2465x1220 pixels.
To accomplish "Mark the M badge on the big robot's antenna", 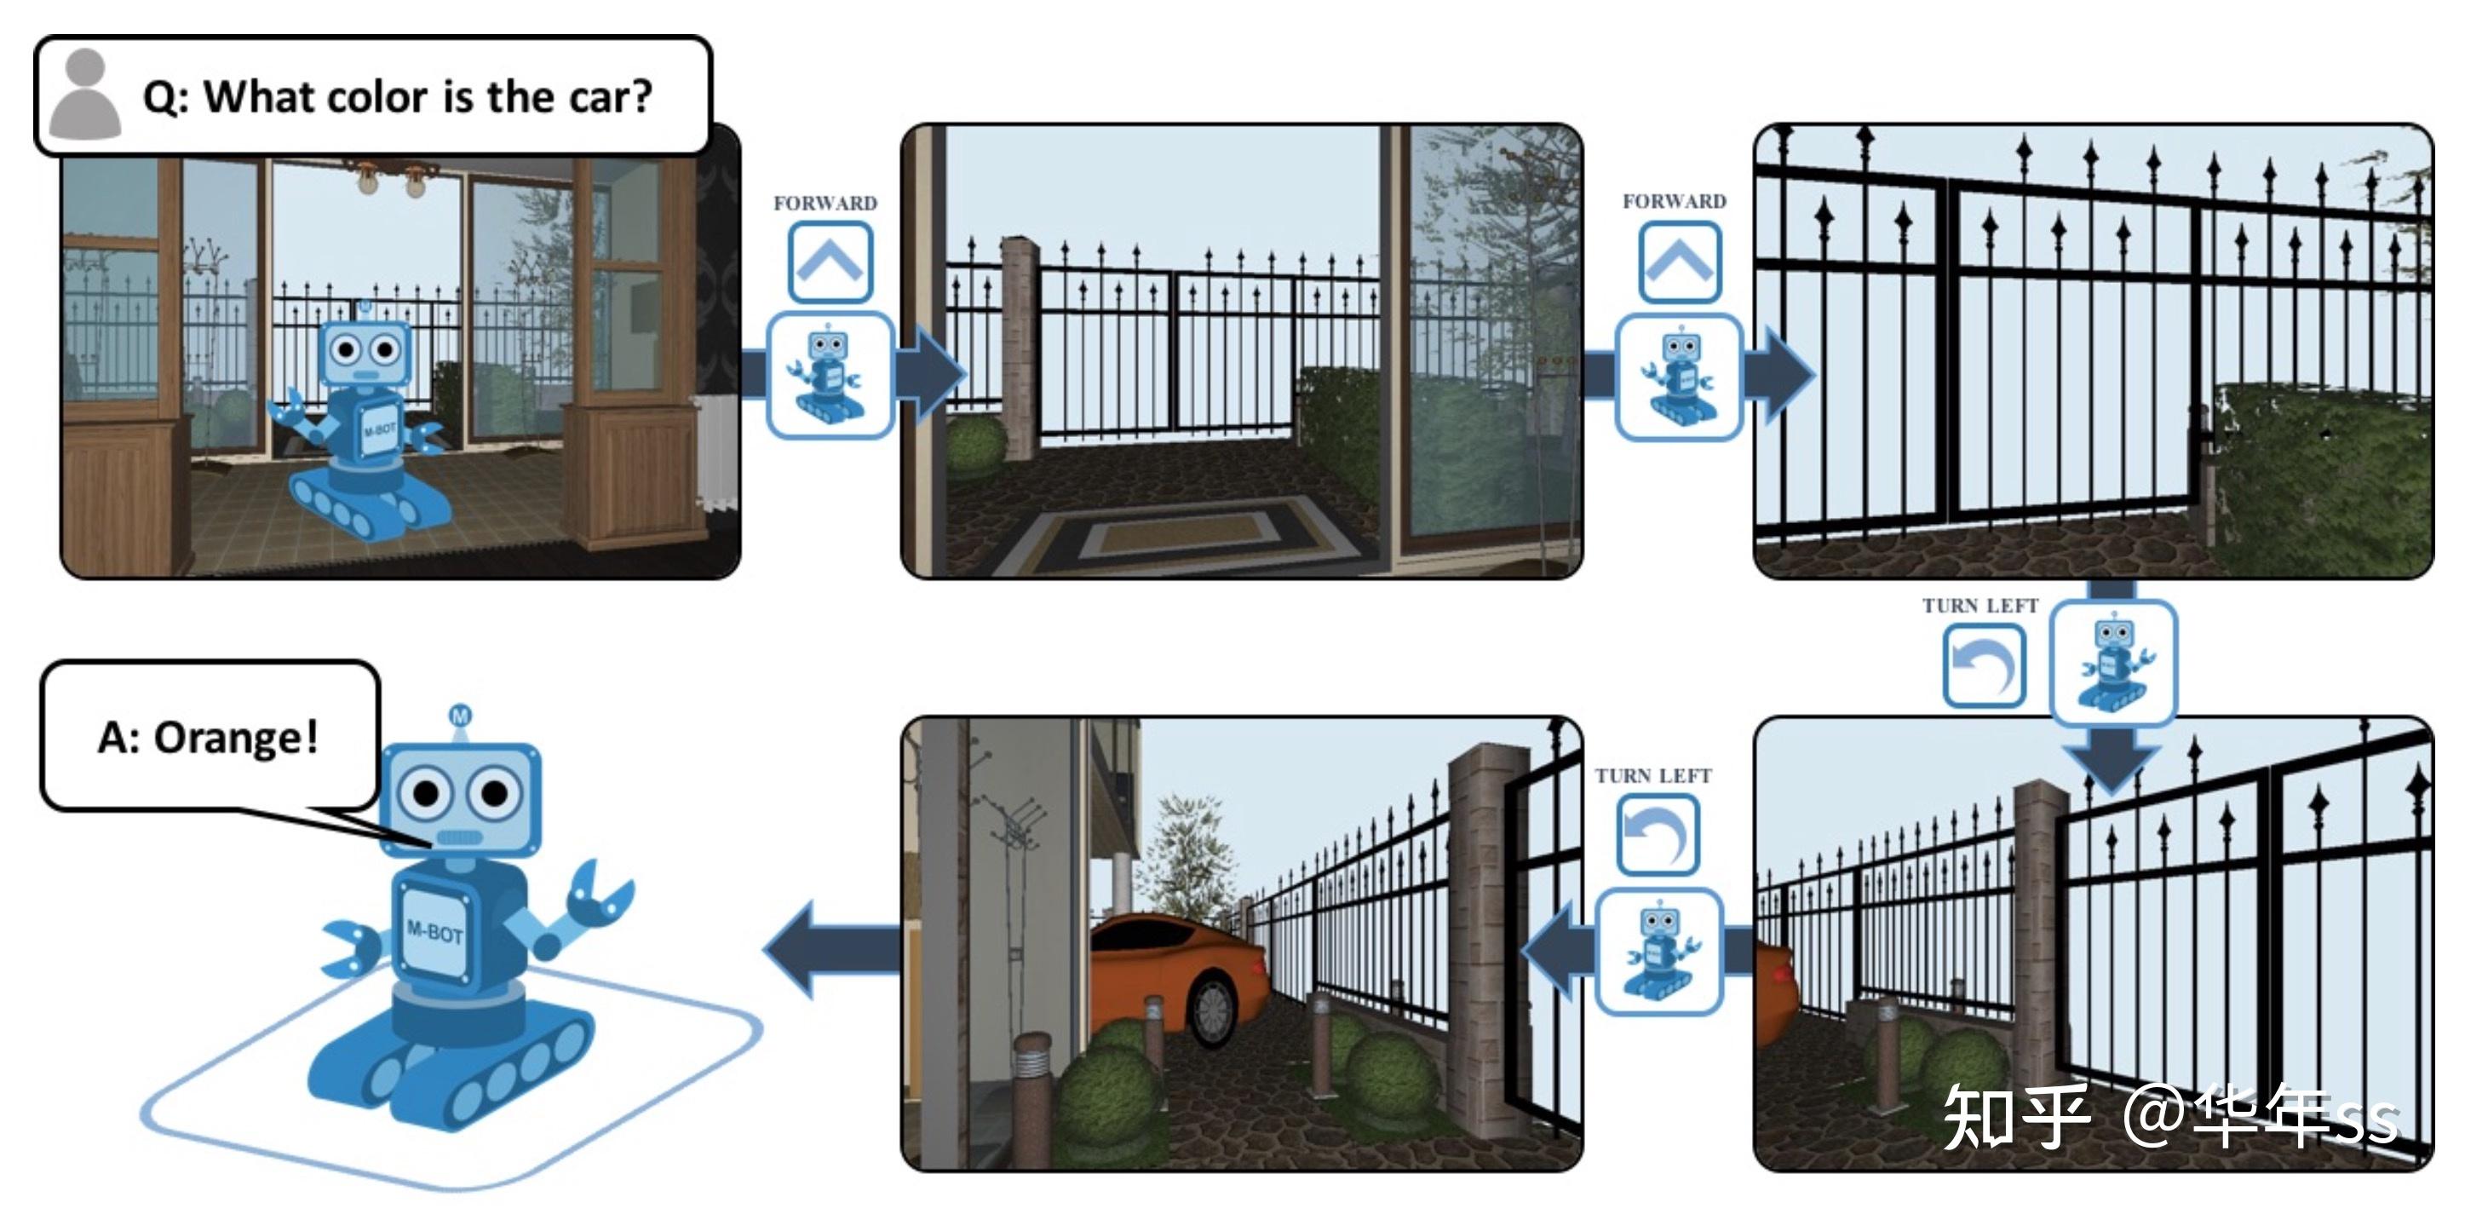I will click(460, 716).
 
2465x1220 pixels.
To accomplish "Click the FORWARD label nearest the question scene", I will click(825, 203).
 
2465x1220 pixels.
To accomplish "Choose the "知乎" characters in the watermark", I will click(2014, 1117).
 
